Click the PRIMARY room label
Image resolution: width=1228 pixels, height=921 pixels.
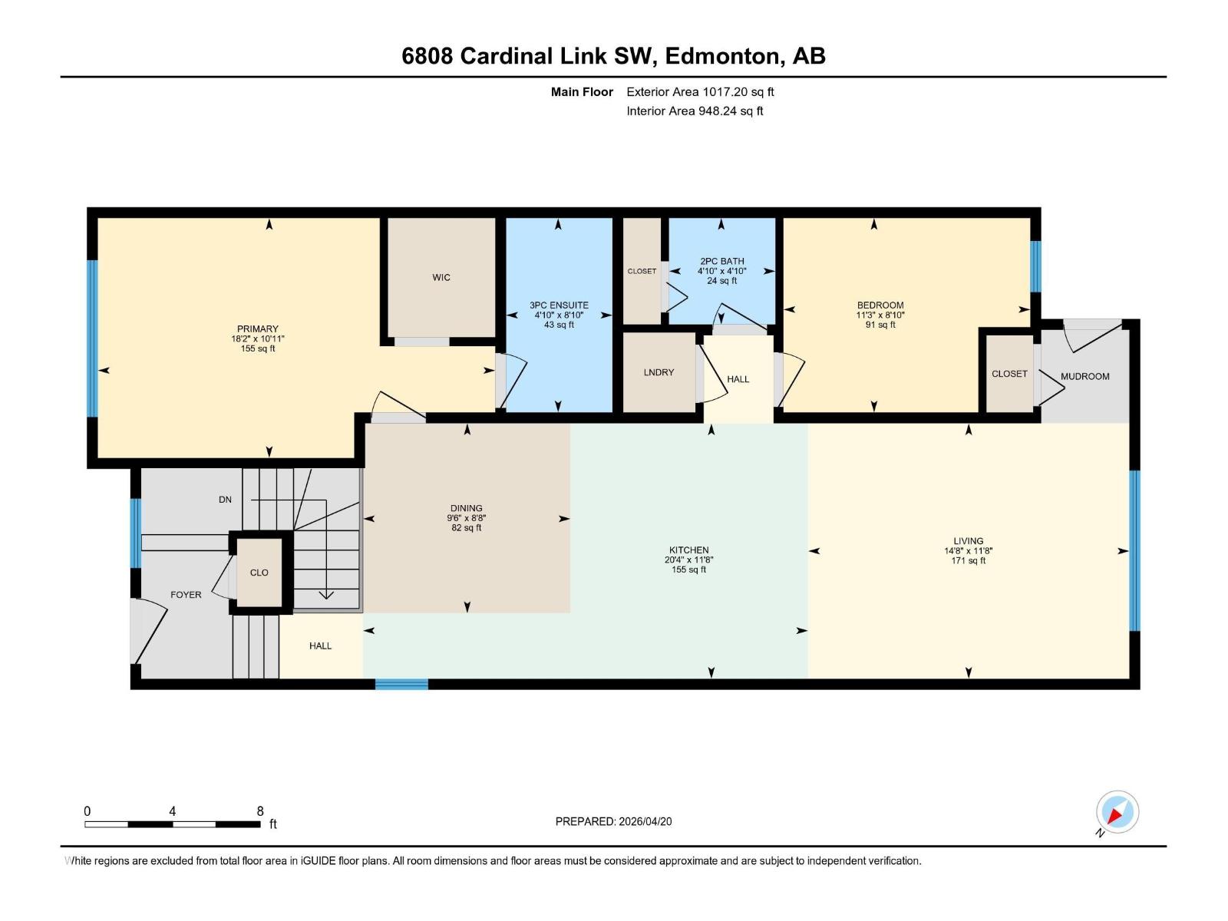click(257, 328)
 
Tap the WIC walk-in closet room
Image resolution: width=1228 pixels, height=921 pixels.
click(441, 277)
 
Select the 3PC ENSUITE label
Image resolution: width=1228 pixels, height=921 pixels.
click(559, 305)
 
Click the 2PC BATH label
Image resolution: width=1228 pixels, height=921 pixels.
click(721, 261)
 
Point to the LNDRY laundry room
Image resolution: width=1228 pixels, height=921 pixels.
click(659, 372)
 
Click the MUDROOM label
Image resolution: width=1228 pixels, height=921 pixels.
click(1084, 376)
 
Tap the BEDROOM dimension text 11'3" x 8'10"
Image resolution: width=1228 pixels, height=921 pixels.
click(880, 315)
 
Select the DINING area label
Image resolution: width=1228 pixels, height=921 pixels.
click(466, 508)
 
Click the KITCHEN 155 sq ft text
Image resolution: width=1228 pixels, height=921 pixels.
click(688, 569)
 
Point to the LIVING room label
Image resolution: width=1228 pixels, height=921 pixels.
click(968, 540)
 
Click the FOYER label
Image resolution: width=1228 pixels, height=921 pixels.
click(186, 595)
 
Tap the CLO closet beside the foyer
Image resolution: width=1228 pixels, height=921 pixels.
click(259, 573)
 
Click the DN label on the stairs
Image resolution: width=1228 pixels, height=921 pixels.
click(225, 500)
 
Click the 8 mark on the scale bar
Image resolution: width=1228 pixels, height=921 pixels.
click(260, 811)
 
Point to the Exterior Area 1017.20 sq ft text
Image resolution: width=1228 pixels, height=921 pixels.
click(700, 92)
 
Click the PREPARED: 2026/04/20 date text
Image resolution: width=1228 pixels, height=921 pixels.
click(613, 821)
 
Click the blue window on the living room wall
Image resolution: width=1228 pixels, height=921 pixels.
click(1134, 550)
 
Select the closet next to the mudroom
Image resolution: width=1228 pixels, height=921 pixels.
click(1008, 374)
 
